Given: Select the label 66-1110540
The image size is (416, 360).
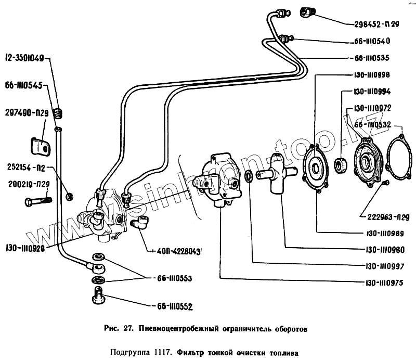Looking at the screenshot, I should pyautogui.click(x=377, y=41).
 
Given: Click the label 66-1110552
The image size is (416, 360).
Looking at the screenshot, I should pyautogui.click(x=172, y=306).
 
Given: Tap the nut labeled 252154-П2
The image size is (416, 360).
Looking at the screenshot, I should pyautogui.click(x=69, y=196).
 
